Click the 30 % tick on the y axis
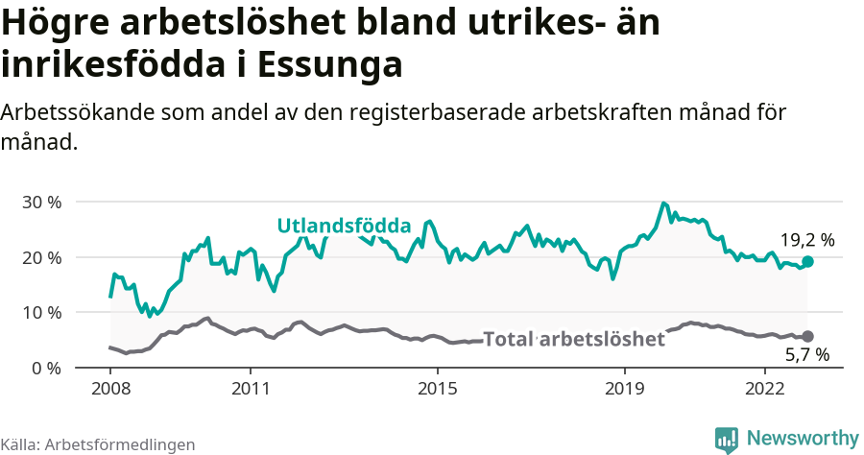point(42,203)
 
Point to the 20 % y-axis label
point(42,257)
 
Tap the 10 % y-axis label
point(42,313)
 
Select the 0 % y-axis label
point(47,368)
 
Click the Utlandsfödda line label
point(344,227)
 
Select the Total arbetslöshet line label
point(573,339)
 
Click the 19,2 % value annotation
point(806,240)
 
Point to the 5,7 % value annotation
point(806,355)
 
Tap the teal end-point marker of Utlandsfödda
point(807,261)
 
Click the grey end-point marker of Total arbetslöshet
point(807,336)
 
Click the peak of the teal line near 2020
point(662,204)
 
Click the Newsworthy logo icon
point(727,439)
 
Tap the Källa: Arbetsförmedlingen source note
point(98,444)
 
